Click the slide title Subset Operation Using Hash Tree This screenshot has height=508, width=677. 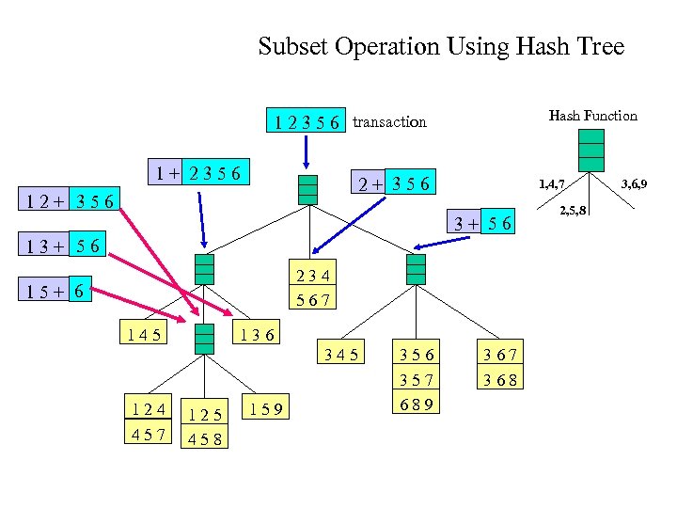click(441, 46)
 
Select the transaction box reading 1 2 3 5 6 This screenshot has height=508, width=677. click(307, 121)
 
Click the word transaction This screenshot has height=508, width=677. click(389, 121)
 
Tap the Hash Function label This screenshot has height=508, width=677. click(592, 116)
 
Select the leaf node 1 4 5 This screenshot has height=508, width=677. click(142, 333)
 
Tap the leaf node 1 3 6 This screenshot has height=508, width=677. click(256, 333)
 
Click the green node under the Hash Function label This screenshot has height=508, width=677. click(590, 151)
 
